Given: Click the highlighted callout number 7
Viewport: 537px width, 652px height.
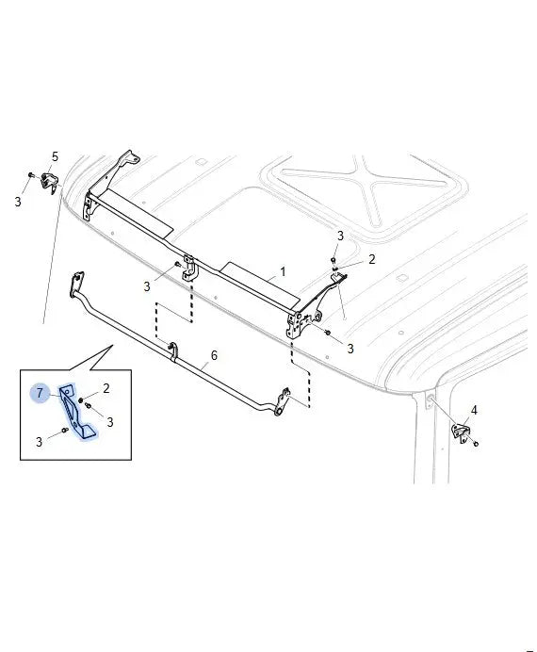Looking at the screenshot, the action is pyautogui.click(x=40, y=393).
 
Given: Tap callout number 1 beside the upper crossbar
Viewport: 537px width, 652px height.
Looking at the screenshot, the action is pyautogui.click(x=283, y=272).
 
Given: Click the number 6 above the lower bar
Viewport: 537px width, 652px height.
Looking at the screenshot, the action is pyautogui.click(x=214, y=355).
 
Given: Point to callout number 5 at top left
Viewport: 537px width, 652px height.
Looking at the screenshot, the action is pyautogui.click(x=55, y=156).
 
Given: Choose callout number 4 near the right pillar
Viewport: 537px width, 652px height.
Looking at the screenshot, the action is pyautogui.click(x=474, y=411).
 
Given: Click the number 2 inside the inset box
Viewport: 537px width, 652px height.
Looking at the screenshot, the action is pyautogui.click(x=106, y=388).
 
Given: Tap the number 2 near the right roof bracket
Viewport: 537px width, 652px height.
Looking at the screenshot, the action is pyautogui.click(x=371, y=259).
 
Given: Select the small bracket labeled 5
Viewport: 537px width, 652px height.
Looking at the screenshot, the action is pyautogui.click(x=50, y=182).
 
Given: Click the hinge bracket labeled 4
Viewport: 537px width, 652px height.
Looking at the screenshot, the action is pyautogui.click(x=461, y=433).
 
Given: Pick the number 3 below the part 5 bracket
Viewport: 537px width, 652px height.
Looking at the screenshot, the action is pyautogui.click(x=18, y=202).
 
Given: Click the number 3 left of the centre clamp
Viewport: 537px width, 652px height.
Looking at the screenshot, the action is pyautogui.click(x=147, y=286).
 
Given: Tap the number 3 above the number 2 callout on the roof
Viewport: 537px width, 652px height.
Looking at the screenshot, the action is pyautogui.click(x=340, y=236).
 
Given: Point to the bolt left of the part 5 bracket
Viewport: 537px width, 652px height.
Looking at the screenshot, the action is pyautogui.click(x=31, y=174).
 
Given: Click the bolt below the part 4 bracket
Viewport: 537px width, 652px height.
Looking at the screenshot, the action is pyautogui.click(x=476, y=444).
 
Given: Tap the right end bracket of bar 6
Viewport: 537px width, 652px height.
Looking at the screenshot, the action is pyautogui.click(x=283, y=401).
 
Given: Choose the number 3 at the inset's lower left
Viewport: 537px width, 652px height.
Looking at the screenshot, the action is pyautogui.click(x=39, y=442).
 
